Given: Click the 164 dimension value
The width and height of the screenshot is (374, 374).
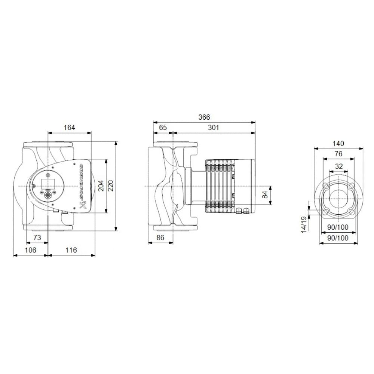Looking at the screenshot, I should (x=69, y=128).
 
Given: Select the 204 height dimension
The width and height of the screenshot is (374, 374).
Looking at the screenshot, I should (x=101, y=186).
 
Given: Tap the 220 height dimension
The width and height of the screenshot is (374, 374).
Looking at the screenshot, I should (x=111, y=186).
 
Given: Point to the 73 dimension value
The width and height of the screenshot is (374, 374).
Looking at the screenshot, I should (x=37, y=238).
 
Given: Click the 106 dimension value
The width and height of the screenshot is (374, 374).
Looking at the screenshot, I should (x=30, y=250).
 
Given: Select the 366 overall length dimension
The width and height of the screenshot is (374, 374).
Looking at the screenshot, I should (x=204, y=117).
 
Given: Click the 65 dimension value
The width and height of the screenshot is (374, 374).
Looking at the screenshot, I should (x=163, y=128).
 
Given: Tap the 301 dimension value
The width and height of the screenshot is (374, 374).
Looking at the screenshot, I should (x=213, y=128).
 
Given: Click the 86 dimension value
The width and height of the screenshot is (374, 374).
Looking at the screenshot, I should (x=160, y=238).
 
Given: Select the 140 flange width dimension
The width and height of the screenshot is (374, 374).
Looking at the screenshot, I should (x=338, y=143).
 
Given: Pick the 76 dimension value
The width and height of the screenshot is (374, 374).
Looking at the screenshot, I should (x=338, y=154).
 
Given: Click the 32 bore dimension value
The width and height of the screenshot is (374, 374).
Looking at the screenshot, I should (x=338, y=166).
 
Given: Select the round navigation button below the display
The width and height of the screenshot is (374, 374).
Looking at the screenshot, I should (x=48, y=195).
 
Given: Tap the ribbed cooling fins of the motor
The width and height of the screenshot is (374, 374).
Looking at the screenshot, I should (x=219, y=186).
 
